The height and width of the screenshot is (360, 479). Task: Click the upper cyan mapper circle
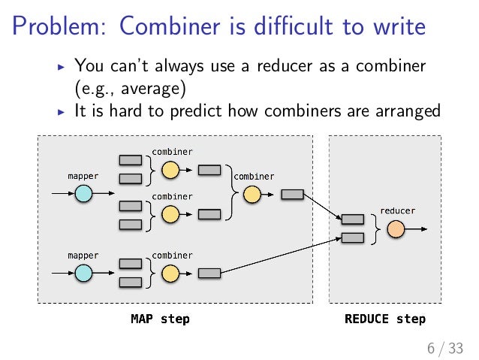83,194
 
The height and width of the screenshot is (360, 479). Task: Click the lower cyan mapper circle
83,273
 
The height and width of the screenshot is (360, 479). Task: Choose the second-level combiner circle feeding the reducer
252,195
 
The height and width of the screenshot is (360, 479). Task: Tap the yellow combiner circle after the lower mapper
170,273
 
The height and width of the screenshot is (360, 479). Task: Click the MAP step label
160,319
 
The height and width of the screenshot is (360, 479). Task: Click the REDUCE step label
384,319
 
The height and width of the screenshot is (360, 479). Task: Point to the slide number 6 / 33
444,347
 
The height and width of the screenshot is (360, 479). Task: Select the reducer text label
397,210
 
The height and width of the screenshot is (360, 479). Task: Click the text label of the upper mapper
83,176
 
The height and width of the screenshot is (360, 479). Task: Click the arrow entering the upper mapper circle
62,194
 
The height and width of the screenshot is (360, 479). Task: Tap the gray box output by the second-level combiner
292,195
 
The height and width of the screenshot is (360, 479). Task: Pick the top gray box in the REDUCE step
352,219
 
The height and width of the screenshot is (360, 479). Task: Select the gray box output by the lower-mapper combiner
209,273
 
